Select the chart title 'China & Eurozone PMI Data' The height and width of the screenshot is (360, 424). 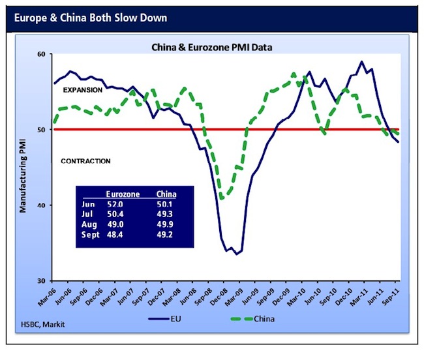click(211, 46)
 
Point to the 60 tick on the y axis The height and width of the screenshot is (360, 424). click(43, 55)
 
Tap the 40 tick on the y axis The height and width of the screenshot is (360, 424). click(43, 205)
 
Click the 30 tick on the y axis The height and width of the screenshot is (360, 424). click(43, 280)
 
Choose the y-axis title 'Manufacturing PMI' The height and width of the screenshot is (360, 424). click(23, 168)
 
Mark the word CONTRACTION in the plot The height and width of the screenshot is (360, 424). click(85, 161)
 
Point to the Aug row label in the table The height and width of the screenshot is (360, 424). click(89, 225)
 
